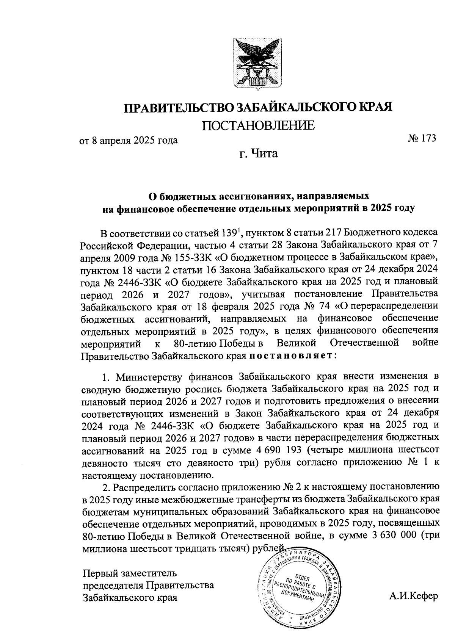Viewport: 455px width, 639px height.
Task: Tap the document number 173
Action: [428, 138]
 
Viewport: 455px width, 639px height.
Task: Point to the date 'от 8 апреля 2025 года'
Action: [128, 141]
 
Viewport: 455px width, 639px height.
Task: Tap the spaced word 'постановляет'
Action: [292, 356]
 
